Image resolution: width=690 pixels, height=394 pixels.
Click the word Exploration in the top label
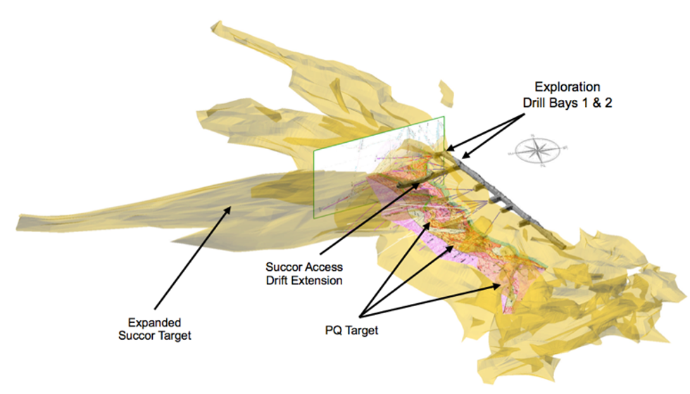[567, 87]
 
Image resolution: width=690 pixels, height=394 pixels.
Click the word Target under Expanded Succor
[173, 336]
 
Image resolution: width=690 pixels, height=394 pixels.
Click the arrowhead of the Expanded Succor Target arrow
[229, 207]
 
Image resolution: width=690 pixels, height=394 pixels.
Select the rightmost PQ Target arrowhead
[504, 284]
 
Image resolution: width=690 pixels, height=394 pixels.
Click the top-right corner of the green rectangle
[444, 116]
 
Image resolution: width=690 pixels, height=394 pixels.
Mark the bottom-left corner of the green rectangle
[314, 220]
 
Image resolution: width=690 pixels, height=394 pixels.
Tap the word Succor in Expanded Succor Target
[137, 336]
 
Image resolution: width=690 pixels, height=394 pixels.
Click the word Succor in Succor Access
[284, 267]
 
